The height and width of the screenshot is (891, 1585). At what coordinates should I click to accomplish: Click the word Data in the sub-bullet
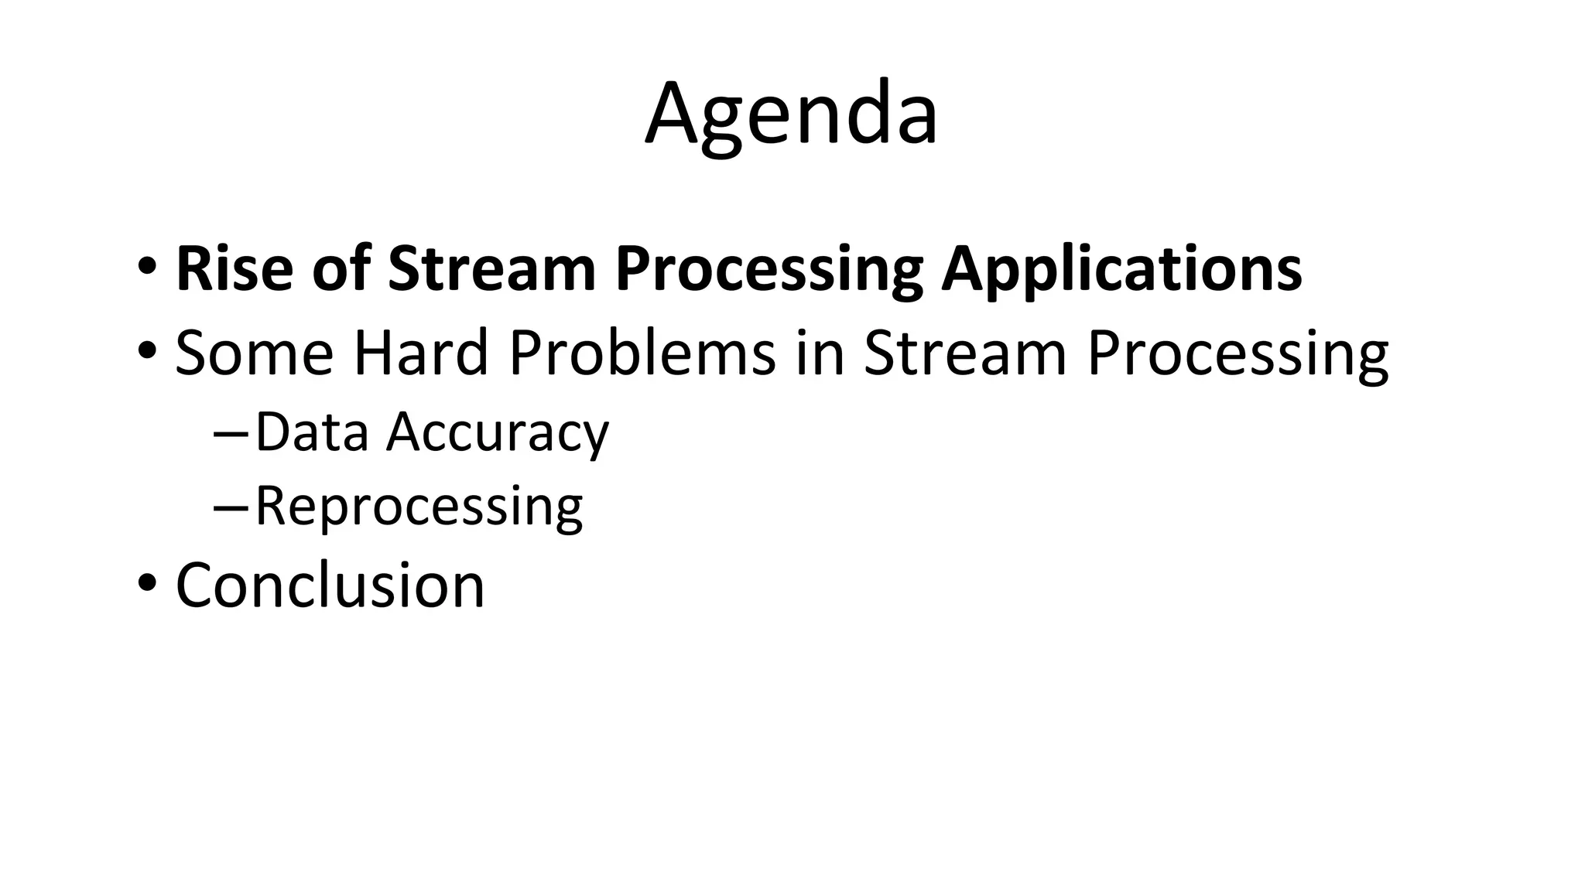(x=312, y=432)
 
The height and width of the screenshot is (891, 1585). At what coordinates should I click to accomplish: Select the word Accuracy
(x=498, y=432)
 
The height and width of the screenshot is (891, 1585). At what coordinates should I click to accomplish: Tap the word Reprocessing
(x=419, y=507)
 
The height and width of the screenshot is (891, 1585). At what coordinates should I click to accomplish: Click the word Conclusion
(x=330, y=585)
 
